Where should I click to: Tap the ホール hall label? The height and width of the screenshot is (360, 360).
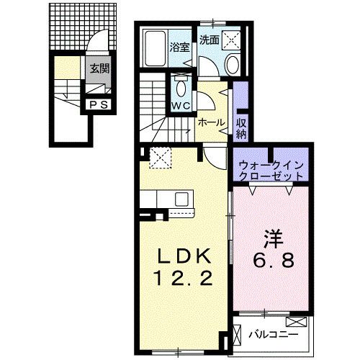[210, 123]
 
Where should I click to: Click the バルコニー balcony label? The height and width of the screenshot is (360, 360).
[270, 334]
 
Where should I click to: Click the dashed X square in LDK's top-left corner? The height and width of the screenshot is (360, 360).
[158, 156]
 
